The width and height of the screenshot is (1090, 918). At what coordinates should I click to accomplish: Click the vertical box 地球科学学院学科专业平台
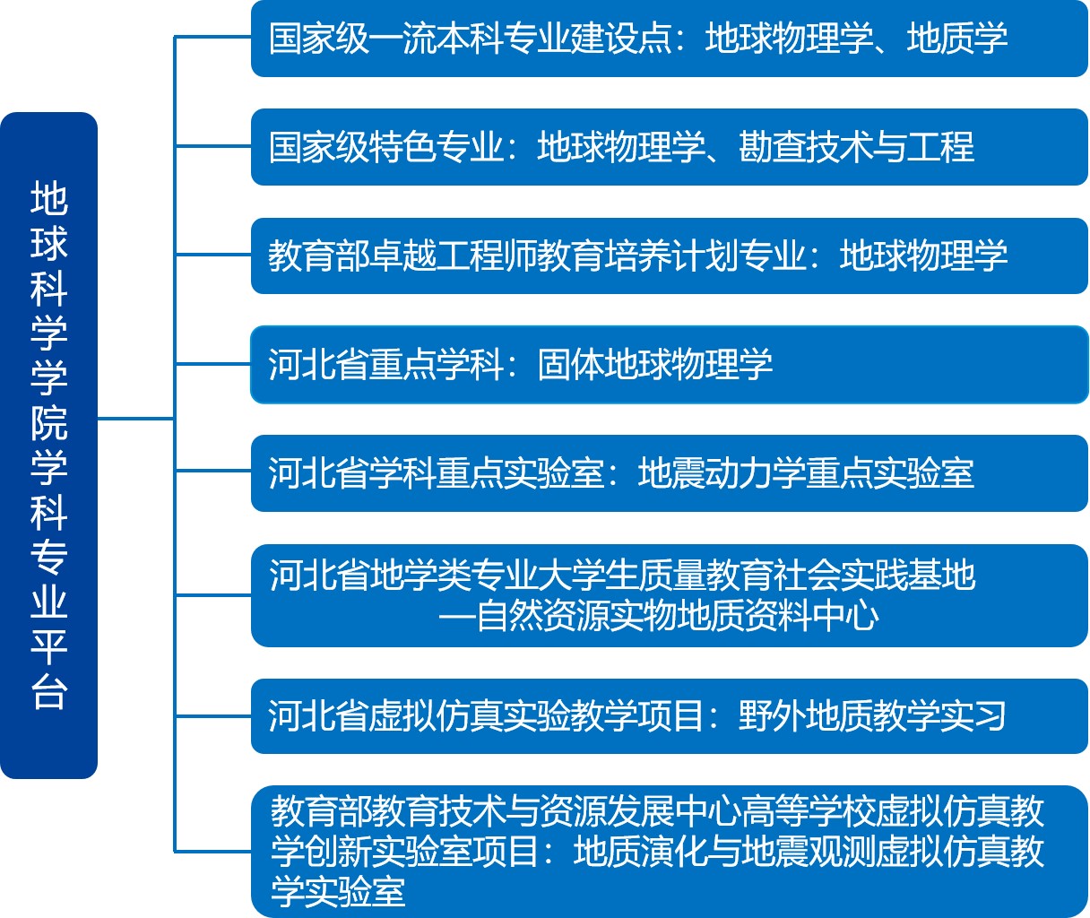click(x=48, y=446)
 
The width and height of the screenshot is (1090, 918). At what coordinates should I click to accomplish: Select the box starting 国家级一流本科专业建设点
click(x=670, y=39)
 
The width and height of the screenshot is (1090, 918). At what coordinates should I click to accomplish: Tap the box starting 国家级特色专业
click(x=670, y=147)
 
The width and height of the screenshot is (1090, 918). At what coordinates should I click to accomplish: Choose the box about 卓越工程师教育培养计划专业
click(x=670, y=255)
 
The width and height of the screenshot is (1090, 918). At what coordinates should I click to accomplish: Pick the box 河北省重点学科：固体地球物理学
click(x=670, y=365)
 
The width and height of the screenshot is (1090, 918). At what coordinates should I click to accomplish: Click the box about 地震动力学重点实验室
click(x=670, y=473)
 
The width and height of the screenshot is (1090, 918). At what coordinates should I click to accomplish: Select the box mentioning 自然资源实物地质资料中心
click(x=670, y=596)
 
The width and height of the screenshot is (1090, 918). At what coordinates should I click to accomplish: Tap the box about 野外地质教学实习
click(x=670, y=716)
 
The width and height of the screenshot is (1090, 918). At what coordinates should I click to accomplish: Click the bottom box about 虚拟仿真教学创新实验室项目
click(x=670, y=852)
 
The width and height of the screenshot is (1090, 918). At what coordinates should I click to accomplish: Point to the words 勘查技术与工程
click(x=856, y=147)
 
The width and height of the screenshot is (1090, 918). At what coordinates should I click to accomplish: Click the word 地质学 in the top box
click(x=956, y=39)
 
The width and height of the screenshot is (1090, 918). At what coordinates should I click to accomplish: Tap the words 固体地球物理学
click(x=655, y=365)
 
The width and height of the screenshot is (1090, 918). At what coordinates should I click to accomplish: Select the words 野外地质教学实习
click(x=872, y=716)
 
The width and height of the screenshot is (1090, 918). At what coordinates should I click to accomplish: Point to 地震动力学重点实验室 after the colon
click(x=806, y=473)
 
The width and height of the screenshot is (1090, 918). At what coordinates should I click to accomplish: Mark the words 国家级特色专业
click(x=386, y=147)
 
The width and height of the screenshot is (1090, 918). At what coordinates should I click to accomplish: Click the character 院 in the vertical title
click(x=49, y=422)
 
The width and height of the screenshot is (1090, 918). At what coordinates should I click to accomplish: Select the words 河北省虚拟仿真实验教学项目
click(x=487, y=716)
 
